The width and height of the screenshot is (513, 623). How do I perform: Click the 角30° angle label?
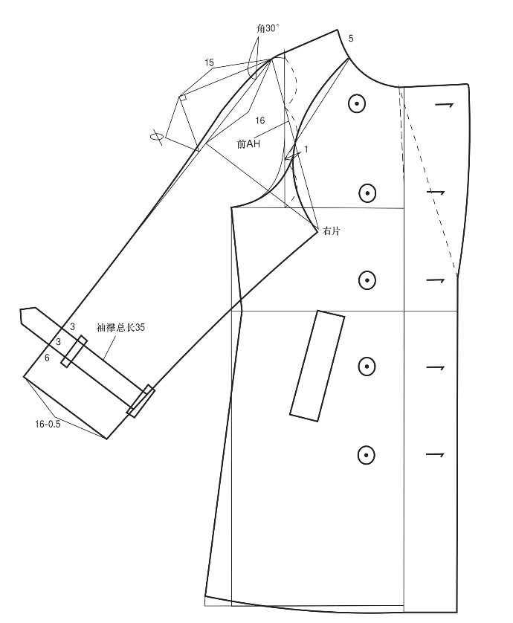click(x=267, y=28)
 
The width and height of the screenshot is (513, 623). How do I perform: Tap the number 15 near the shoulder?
click(x=210, y=63)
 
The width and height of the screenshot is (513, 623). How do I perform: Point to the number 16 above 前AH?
click(x=259, y=120)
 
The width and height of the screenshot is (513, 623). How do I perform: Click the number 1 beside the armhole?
click(x=306, y=149)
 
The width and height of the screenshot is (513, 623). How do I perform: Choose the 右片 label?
click(x=332, y=231)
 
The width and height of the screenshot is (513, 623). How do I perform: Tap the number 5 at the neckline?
click(x=351, y=38)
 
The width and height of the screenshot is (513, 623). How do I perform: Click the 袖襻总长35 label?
click(x=120, y=327)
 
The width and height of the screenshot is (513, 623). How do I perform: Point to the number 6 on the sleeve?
click(x=47, y=358)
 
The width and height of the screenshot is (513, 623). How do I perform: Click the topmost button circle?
click(x=358, y=105)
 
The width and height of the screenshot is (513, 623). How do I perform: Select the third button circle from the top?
click(x=367, y=280)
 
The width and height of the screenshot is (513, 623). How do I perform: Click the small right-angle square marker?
click(x=182, y=97)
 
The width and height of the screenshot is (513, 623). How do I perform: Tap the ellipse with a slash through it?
click(x=157, y=136)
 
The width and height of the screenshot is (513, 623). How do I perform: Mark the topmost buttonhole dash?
click(x=443, y=105)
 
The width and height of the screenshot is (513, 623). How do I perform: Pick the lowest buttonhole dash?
click(x=434, y=453)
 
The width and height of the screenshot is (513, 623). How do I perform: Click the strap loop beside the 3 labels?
click(x=74, y=351)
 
